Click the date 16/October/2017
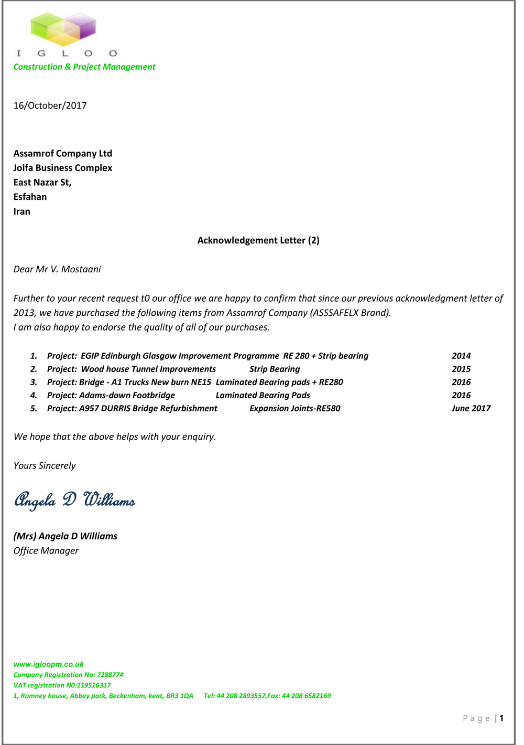[x=50, y=105]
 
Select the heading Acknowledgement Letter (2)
[x=258, y=240]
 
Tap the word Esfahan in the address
[x=30, y=197]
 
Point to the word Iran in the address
[x=22, y=211]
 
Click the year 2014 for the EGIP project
[x=461, y=356]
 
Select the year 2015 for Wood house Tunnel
[x=461, y=369]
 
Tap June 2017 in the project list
[x=471, y=408]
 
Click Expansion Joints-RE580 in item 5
[x=295, y=408]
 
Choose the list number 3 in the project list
[x=34, y=382]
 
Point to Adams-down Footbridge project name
[x=127, y=395]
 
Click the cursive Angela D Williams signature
[x=74, y=500]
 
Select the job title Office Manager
[x=46, y=550]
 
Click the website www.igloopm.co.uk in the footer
[x=49, y=664]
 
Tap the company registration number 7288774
[x=110, y=675]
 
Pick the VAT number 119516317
[x=94, y=685]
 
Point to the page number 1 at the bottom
[x=501, y=718]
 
